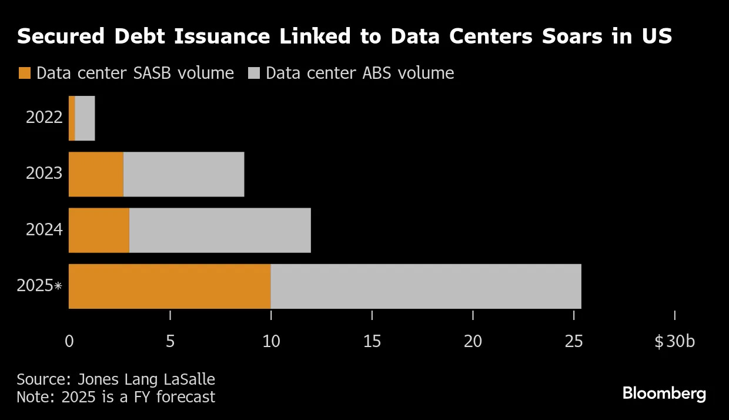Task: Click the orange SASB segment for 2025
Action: tap(169, 286)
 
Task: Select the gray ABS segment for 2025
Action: tap(426, 286)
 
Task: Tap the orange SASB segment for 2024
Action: tap(99, 230)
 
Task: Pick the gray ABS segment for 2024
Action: tap(220, 230)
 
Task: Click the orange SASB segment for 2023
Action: tap(96, 174)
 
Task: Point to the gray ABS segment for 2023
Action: tap(183, 174)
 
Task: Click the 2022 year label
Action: tap(44, 118)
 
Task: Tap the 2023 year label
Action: tap(44, 174)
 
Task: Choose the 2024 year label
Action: tap(44, 229)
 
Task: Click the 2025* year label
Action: tap(39, 286)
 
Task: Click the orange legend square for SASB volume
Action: tap(24, 74)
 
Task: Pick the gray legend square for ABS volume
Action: tap(253, 74)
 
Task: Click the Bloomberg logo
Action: tap(664, 394)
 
